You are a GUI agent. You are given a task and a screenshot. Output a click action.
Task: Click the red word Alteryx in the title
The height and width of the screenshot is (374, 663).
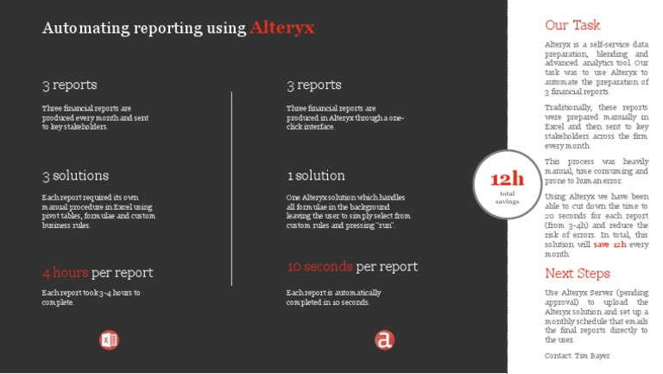[x=282, y=28]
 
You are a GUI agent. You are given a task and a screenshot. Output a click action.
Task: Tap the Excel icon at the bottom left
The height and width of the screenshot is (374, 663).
[x=109, y=339]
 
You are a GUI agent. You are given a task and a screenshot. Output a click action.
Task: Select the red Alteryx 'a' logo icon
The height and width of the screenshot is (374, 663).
[x=384, y=339]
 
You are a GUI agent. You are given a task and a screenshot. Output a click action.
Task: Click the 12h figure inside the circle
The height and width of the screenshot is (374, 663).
[x=508, y=179]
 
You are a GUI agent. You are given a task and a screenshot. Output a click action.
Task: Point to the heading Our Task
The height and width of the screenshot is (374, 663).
[x=572, y=25]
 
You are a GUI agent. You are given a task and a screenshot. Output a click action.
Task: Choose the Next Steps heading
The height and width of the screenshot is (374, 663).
[x=577, y=273]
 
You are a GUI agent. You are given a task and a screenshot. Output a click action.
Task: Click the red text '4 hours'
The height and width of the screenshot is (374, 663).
[x=66, y=273]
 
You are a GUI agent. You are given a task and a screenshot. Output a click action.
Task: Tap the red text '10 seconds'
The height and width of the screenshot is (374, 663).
[x=319, y=266]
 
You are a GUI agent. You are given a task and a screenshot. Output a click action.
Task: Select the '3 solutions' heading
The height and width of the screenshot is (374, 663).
[x=76, y=175]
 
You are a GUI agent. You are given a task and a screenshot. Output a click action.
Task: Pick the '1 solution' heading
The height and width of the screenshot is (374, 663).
[x=316, y=175]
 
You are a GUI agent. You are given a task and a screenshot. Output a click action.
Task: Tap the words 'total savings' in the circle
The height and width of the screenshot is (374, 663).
[x=508, y=198]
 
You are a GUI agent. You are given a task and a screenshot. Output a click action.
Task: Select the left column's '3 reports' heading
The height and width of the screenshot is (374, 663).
[x=70, y=85]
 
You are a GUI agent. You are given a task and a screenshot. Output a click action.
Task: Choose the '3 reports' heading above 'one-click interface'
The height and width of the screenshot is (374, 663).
[x=314, y=85]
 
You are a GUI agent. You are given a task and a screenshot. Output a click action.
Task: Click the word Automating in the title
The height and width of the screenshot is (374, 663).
[x=85, y=28]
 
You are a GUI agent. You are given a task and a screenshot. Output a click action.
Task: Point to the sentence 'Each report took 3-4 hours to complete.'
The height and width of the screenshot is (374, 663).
[x=91, y=297]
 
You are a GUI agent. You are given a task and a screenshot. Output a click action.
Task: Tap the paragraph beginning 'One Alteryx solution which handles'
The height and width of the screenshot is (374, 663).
[x=348, y=211]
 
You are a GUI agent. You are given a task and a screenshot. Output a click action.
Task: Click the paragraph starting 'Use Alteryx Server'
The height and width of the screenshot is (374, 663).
[x=597, y=314]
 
